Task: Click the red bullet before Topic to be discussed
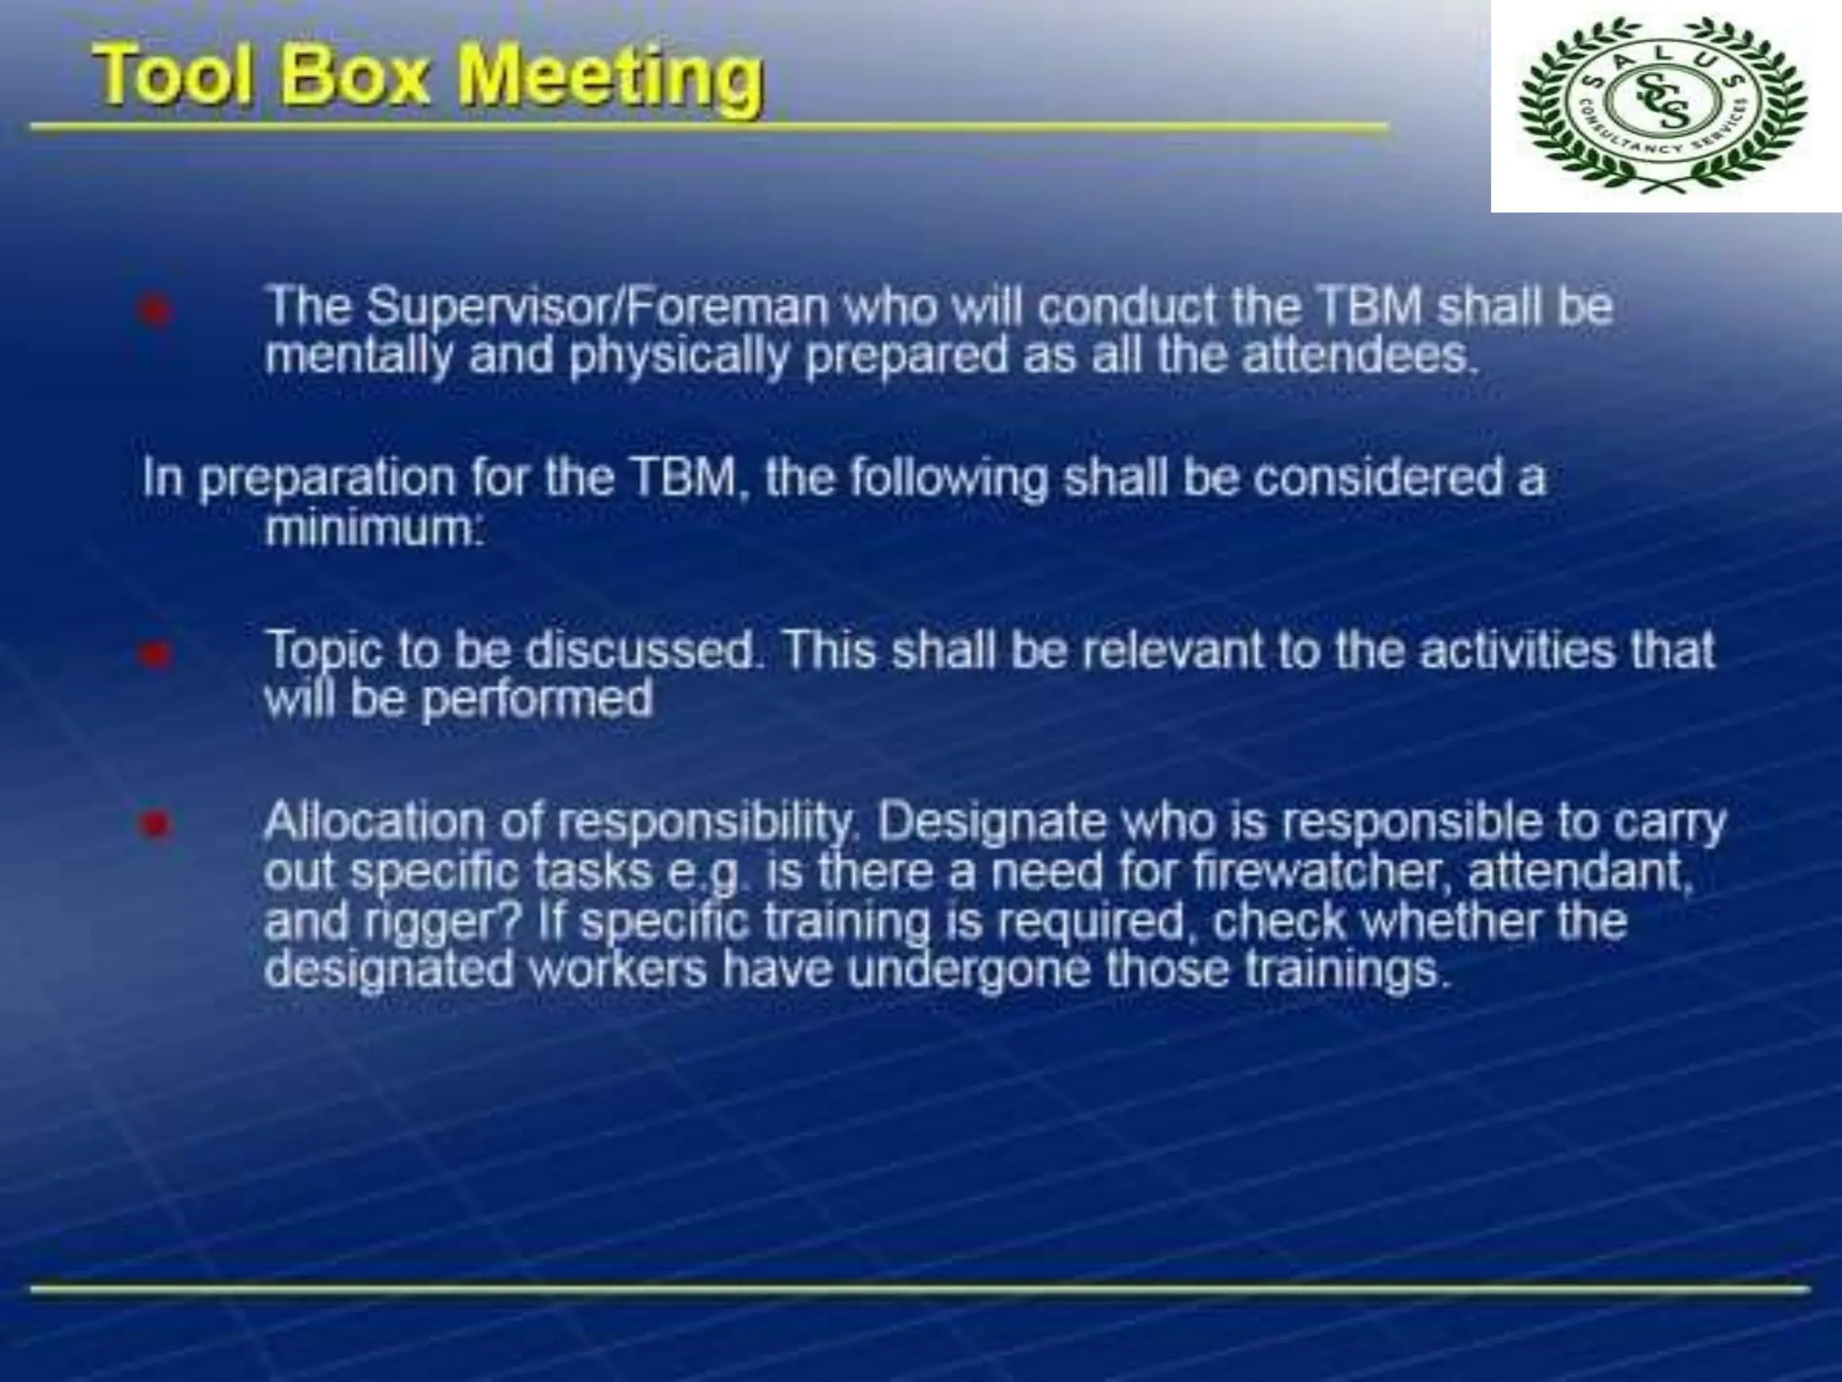coord(155,654)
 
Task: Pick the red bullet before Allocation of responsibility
coord(155,823)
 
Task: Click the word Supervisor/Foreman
coord(597,307)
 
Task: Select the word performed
coord(537,699)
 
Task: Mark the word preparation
coord(326,479)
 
